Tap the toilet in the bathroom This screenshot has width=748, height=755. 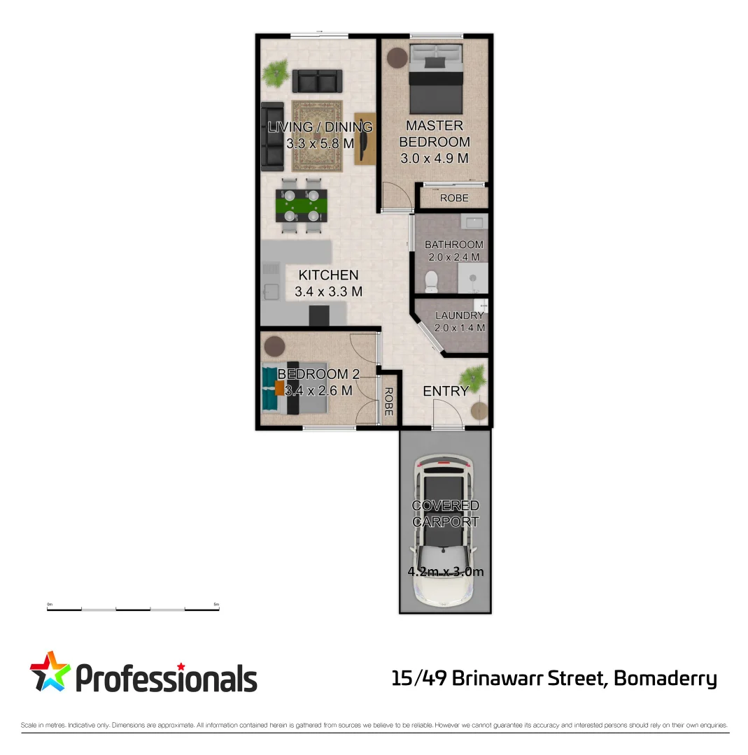[432, 280]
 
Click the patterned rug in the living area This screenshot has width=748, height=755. [317, 136]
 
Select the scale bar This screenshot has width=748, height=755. [133, 609]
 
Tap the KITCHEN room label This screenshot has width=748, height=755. [328, 275]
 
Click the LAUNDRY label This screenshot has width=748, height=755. [460, 315]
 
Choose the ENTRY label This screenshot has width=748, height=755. [445, 391]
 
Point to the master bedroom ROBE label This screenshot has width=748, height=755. [454, 199]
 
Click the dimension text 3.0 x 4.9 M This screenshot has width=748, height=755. [435, 159]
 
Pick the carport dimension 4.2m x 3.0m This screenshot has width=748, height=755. [446, 572]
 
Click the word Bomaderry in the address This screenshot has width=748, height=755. [665, 678]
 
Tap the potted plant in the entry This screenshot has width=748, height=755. [474, 377]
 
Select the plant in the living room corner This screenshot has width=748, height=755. [276, 73]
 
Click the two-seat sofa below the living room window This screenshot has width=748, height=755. [317, 81]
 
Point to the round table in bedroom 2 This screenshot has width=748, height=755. [274, 346]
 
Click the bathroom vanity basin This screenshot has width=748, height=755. [474, 223]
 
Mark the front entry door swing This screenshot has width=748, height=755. [446, 419]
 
